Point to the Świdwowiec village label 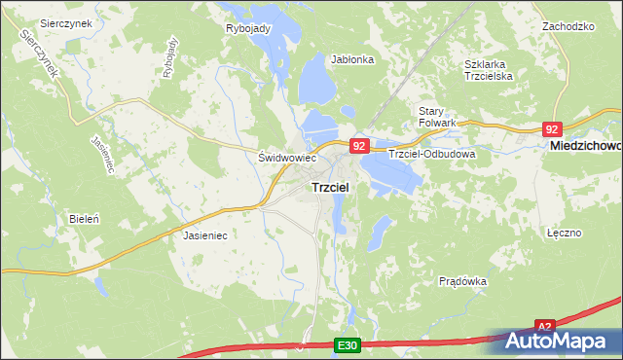(x=288, y=157)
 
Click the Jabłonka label (x=352, y=59)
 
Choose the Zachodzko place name (x=568, y=26)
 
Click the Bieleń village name (x=84, y=219)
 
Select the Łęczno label (x=564, y=234)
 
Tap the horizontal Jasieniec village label (x=205, y=235)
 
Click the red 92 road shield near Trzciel (x=358, y=146)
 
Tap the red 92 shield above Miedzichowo (x=552, y=129)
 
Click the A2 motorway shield (x=544, y=328)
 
